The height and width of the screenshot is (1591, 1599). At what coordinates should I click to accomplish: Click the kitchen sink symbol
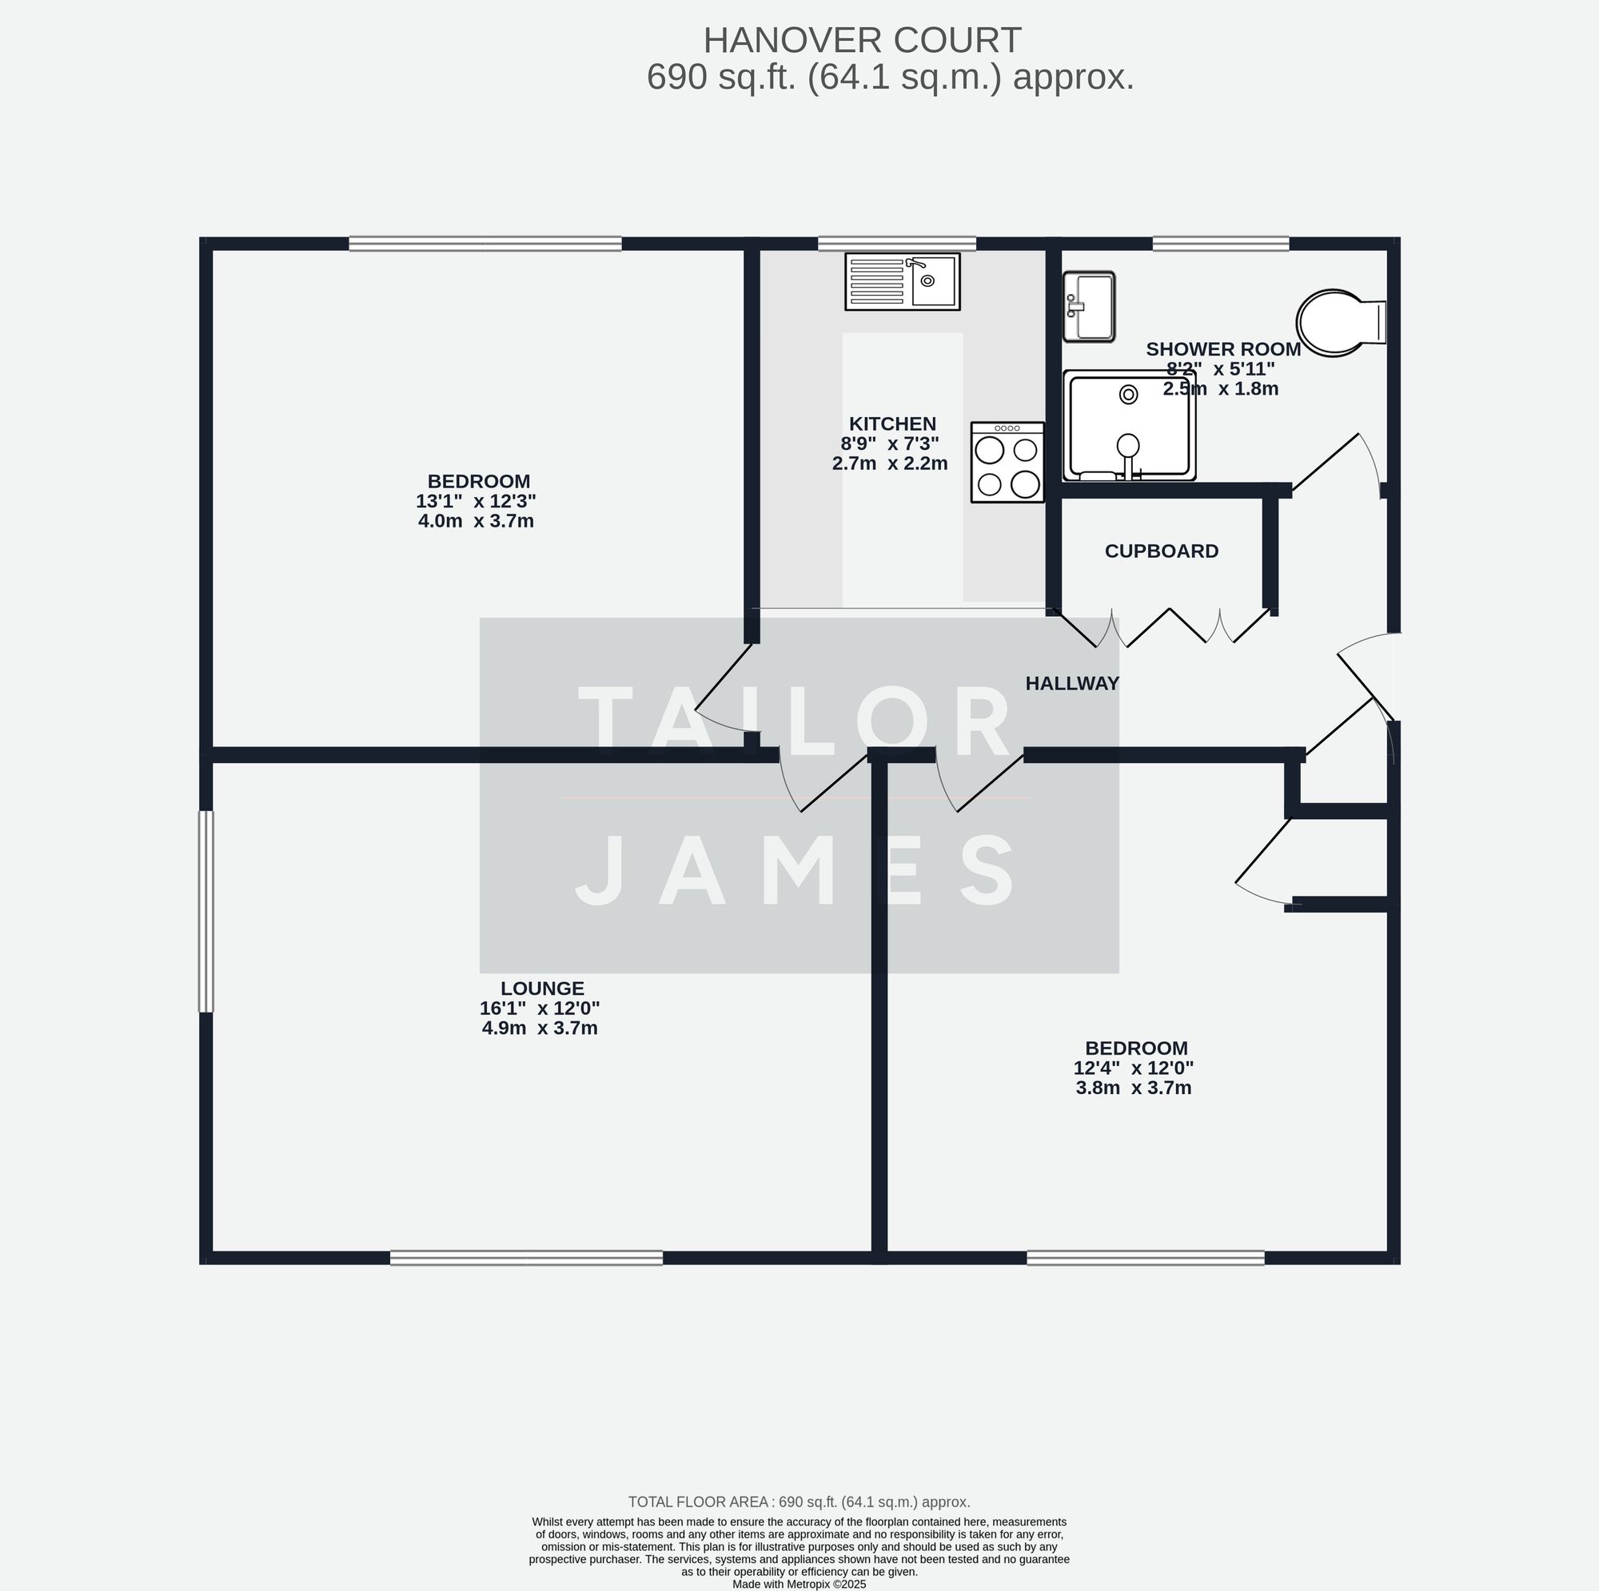click(902, 282)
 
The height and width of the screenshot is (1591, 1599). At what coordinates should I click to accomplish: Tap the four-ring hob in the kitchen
click(1007, 463)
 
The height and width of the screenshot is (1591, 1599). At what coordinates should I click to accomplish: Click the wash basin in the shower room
click(1089, 307)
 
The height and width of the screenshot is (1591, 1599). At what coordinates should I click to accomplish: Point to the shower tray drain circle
click(1128, 395)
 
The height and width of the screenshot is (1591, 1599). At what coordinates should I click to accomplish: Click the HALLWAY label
click(1072, 683)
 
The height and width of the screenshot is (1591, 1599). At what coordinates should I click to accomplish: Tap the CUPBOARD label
click(1161, 551)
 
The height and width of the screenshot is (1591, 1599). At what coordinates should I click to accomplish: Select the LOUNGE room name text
click(542, 988)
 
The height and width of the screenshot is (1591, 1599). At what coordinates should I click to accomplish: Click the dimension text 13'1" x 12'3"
click(476, 501)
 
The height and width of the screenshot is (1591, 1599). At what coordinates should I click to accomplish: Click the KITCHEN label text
click(892, 424)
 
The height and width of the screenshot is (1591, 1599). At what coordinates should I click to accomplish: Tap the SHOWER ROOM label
click(1222, 349)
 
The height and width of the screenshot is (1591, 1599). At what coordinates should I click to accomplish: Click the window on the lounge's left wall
click(206, 911)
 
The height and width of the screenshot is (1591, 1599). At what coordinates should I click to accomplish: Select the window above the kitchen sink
click(896, 243)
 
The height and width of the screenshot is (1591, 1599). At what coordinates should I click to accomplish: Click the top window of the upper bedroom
click(485, 243)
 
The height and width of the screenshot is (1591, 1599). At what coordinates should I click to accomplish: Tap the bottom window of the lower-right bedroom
click(1146, 1258)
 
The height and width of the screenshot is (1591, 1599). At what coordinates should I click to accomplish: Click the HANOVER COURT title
click(862, 40)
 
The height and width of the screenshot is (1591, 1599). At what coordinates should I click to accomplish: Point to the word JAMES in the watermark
click(797, 869)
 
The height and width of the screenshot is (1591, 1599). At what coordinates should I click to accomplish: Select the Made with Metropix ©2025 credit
click(799, 1584)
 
